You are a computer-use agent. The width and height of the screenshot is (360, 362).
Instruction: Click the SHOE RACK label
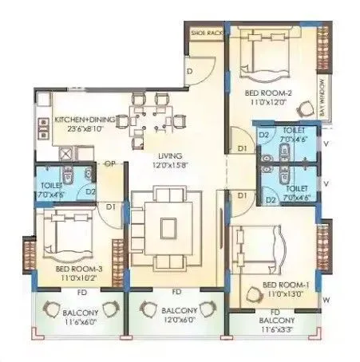[205, 34]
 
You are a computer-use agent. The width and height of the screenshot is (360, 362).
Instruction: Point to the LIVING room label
[171, 156]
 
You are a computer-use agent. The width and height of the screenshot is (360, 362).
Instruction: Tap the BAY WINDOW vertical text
[322, 98]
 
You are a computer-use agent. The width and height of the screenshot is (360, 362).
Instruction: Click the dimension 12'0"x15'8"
[171, 166]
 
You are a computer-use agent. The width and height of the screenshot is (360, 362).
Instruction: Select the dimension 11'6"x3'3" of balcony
[275, 328]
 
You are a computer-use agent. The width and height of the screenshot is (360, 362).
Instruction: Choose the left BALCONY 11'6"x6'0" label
[77, 311]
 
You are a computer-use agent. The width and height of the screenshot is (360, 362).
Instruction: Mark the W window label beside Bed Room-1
[326, 300]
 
